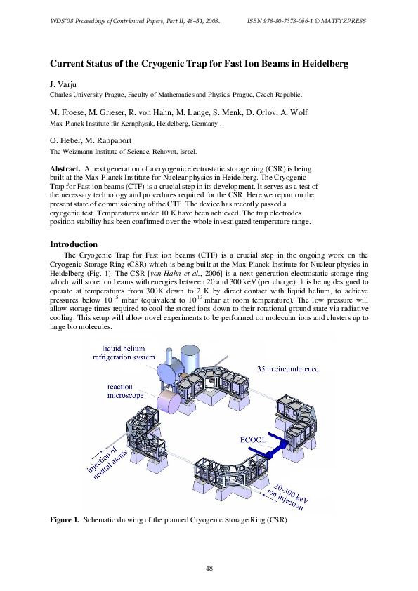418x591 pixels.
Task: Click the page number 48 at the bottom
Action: [x=209, y=567]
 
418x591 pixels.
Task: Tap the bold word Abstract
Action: [x=65, y=170]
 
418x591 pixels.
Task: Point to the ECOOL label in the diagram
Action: [x=251, y=440]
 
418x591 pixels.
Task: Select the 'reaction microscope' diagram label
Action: [x=125, y=391]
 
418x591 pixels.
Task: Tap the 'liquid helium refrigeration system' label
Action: [x=129, y=352]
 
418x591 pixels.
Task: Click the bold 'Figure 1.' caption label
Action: [x=64, y=521]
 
